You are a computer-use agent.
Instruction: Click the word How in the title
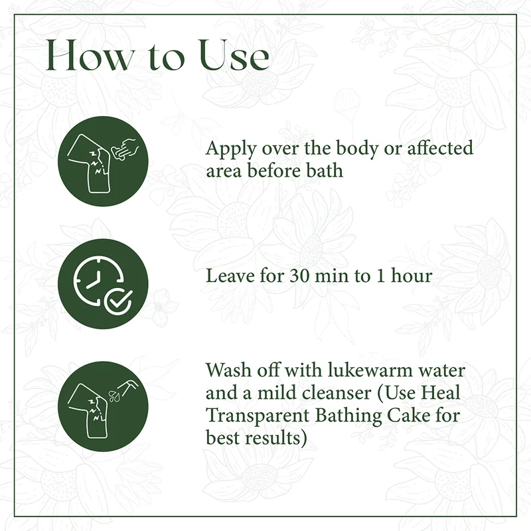pyautogui.click(x=90, y=55)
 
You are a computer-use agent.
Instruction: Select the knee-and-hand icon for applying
pyautogui.click(x=103, y=161)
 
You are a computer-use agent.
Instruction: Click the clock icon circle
pyautogui.click(x=103, y=283)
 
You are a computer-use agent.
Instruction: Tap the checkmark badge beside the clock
pyautogui.click(x=118, y=301)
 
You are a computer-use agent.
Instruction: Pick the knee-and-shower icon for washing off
pyautogui.click(x=103, y=406)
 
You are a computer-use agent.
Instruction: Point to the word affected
pyautogui.click(x=440, y=148)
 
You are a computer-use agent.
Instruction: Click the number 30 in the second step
pyautogui.click(x=300, y=276)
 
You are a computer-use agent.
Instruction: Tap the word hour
pyautogui.click(x=412, y=275)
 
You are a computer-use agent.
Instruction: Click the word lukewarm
pyautogui.click(x=370, y=370)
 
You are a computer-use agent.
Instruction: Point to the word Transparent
pyautogui.click(x=258, y=416)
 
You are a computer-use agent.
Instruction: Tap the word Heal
pyautogui.click(x=440, y=393)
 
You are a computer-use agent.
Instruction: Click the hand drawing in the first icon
pyautogui.click(x=126, y=149)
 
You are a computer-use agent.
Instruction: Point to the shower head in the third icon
pyautogui.click(x=128, y=387)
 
